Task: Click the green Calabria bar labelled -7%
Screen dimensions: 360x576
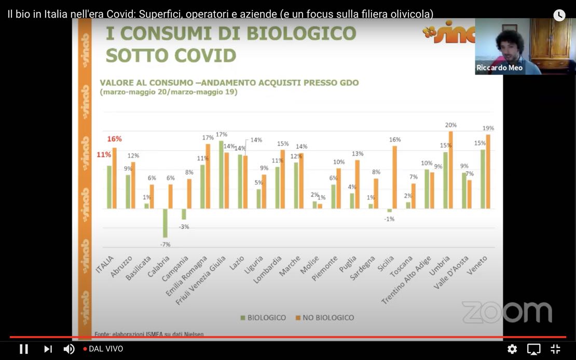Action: [166, 223]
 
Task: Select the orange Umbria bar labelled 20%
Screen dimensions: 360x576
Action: [451, 170]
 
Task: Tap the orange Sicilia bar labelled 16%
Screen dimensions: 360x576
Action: [395, 177]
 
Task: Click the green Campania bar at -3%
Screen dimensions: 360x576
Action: [184, 214]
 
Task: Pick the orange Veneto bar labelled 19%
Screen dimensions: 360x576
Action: [488, 171]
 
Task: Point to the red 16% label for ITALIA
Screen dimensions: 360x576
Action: [115, 139]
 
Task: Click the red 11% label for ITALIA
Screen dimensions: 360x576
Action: [104, 155]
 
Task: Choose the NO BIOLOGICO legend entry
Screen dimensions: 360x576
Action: [324, 317]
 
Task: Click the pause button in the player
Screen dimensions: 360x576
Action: [24, 349]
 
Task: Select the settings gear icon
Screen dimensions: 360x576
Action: [512, 349]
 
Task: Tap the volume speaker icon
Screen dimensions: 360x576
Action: [68, 349]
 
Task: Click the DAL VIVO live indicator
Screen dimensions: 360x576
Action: [103, 349]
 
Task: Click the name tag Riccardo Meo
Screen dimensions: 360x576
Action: [500, 68]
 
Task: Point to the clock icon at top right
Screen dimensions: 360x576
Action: [559, 15]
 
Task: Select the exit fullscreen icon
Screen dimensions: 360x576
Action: [555, 349]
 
